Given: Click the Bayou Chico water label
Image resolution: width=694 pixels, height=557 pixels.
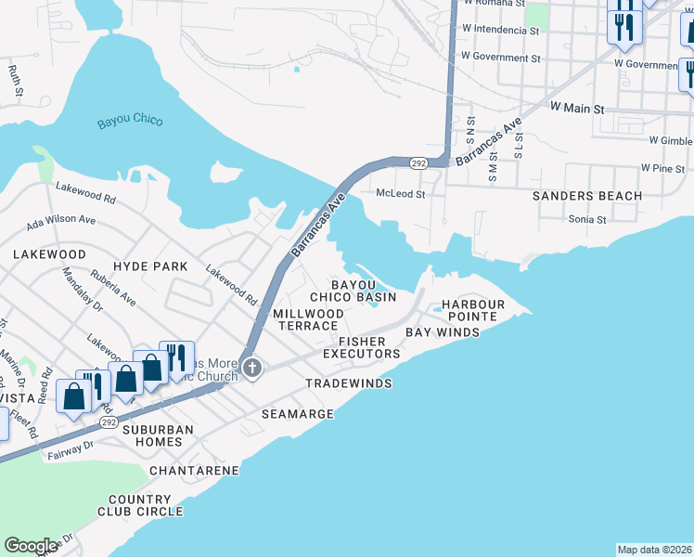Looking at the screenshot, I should tap(130, 122).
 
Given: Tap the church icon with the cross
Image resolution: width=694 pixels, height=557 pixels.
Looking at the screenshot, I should tap(251, 369).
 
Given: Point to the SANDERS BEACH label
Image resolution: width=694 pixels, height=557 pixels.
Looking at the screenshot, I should tap(586, 196).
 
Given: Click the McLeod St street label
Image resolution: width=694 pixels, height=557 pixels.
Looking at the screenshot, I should tap(400, 195).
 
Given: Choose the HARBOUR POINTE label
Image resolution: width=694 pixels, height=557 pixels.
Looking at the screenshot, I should tap(472, 311).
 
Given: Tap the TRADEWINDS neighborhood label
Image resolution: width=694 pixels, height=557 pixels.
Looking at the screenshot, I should tap(349, 383).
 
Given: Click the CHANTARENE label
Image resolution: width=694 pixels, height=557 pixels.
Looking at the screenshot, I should tap(194, 471).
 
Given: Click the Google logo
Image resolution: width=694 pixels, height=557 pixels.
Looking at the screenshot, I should tap(32, 545).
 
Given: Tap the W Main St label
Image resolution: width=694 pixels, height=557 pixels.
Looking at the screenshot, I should tap(576, 109).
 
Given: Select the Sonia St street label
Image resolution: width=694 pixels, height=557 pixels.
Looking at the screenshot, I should tap(586, 220).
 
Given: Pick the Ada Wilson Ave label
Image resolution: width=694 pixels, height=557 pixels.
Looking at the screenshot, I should tap(61, 221).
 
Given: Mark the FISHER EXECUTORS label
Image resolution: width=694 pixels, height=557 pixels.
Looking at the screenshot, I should tap(362, 347).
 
